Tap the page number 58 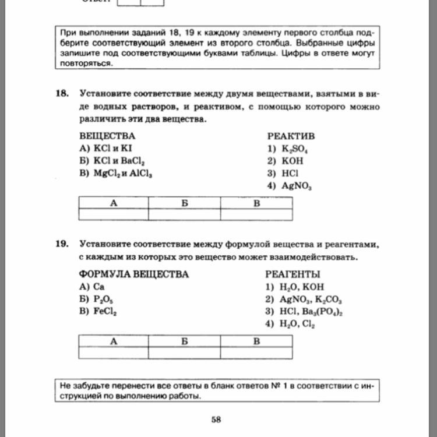point(216,420)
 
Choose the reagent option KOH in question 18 point(283,161)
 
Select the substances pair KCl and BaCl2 point(111,161)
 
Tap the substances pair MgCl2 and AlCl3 point(119,174)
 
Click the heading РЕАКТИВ point(291,136)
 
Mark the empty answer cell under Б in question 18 point(184,214)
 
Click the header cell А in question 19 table point(113,341)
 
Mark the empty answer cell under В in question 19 point(256,352)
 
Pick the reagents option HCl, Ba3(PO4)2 point(303,312)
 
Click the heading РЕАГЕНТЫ point(292,274)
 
